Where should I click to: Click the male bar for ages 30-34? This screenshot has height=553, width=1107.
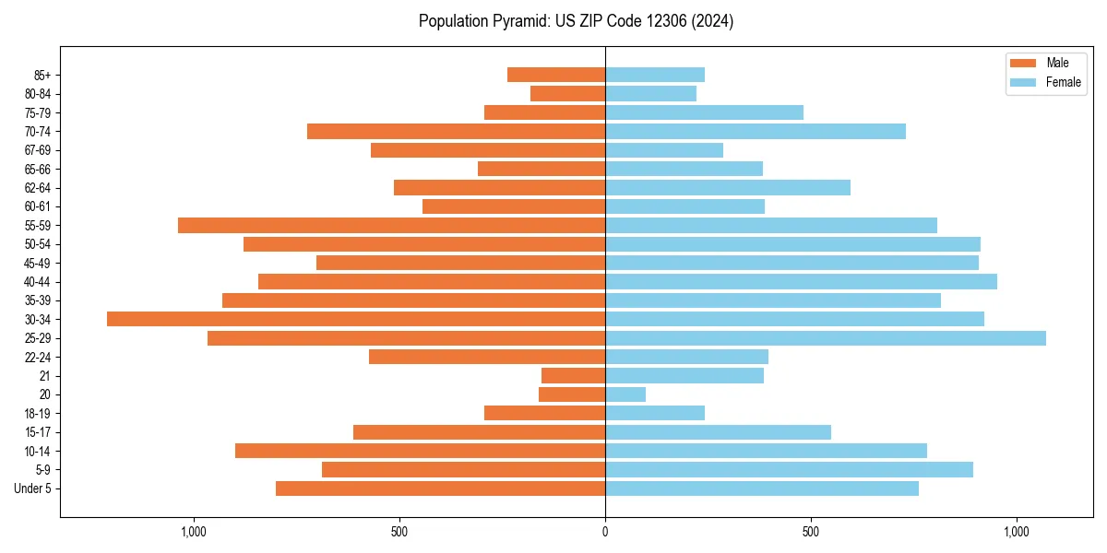[x=356, y=319]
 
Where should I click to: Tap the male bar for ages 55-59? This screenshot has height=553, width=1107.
[x=391, y=225]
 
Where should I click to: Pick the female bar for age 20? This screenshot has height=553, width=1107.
[x=625, y=394]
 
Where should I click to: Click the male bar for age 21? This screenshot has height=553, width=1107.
[x=573, y=376]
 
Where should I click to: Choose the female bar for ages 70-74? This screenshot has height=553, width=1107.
[x=756, y=131]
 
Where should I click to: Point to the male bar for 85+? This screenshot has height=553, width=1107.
[x=556, y=75]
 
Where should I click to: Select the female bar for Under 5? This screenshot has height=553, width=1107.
[x=762, y=488]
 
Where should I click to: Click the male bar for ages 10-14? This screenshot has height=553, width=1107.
[x=420, y=451]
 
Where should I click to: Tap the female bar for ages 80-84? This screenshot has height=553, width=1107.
[x=650, y=94]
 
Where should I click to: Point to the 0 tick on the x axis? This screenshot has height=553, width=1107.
[x=605, y=532]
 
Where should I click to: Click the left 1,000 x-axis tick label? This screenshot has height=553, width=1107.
[x=194, y=532]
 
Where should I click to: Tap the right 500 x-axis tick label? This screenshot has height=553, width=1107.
[x=810, y=532]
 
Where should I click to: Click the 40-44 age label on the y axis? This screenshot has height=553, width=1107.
[x=37, y=282]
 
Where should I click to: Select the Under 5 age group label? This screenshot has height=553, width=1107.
[x=32, y=488]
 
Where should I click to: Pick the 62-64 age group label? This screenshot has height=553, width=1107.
[x=37, y=188]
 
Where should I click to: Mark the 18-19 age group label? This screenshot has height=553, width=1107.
[x=37, y=414]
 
